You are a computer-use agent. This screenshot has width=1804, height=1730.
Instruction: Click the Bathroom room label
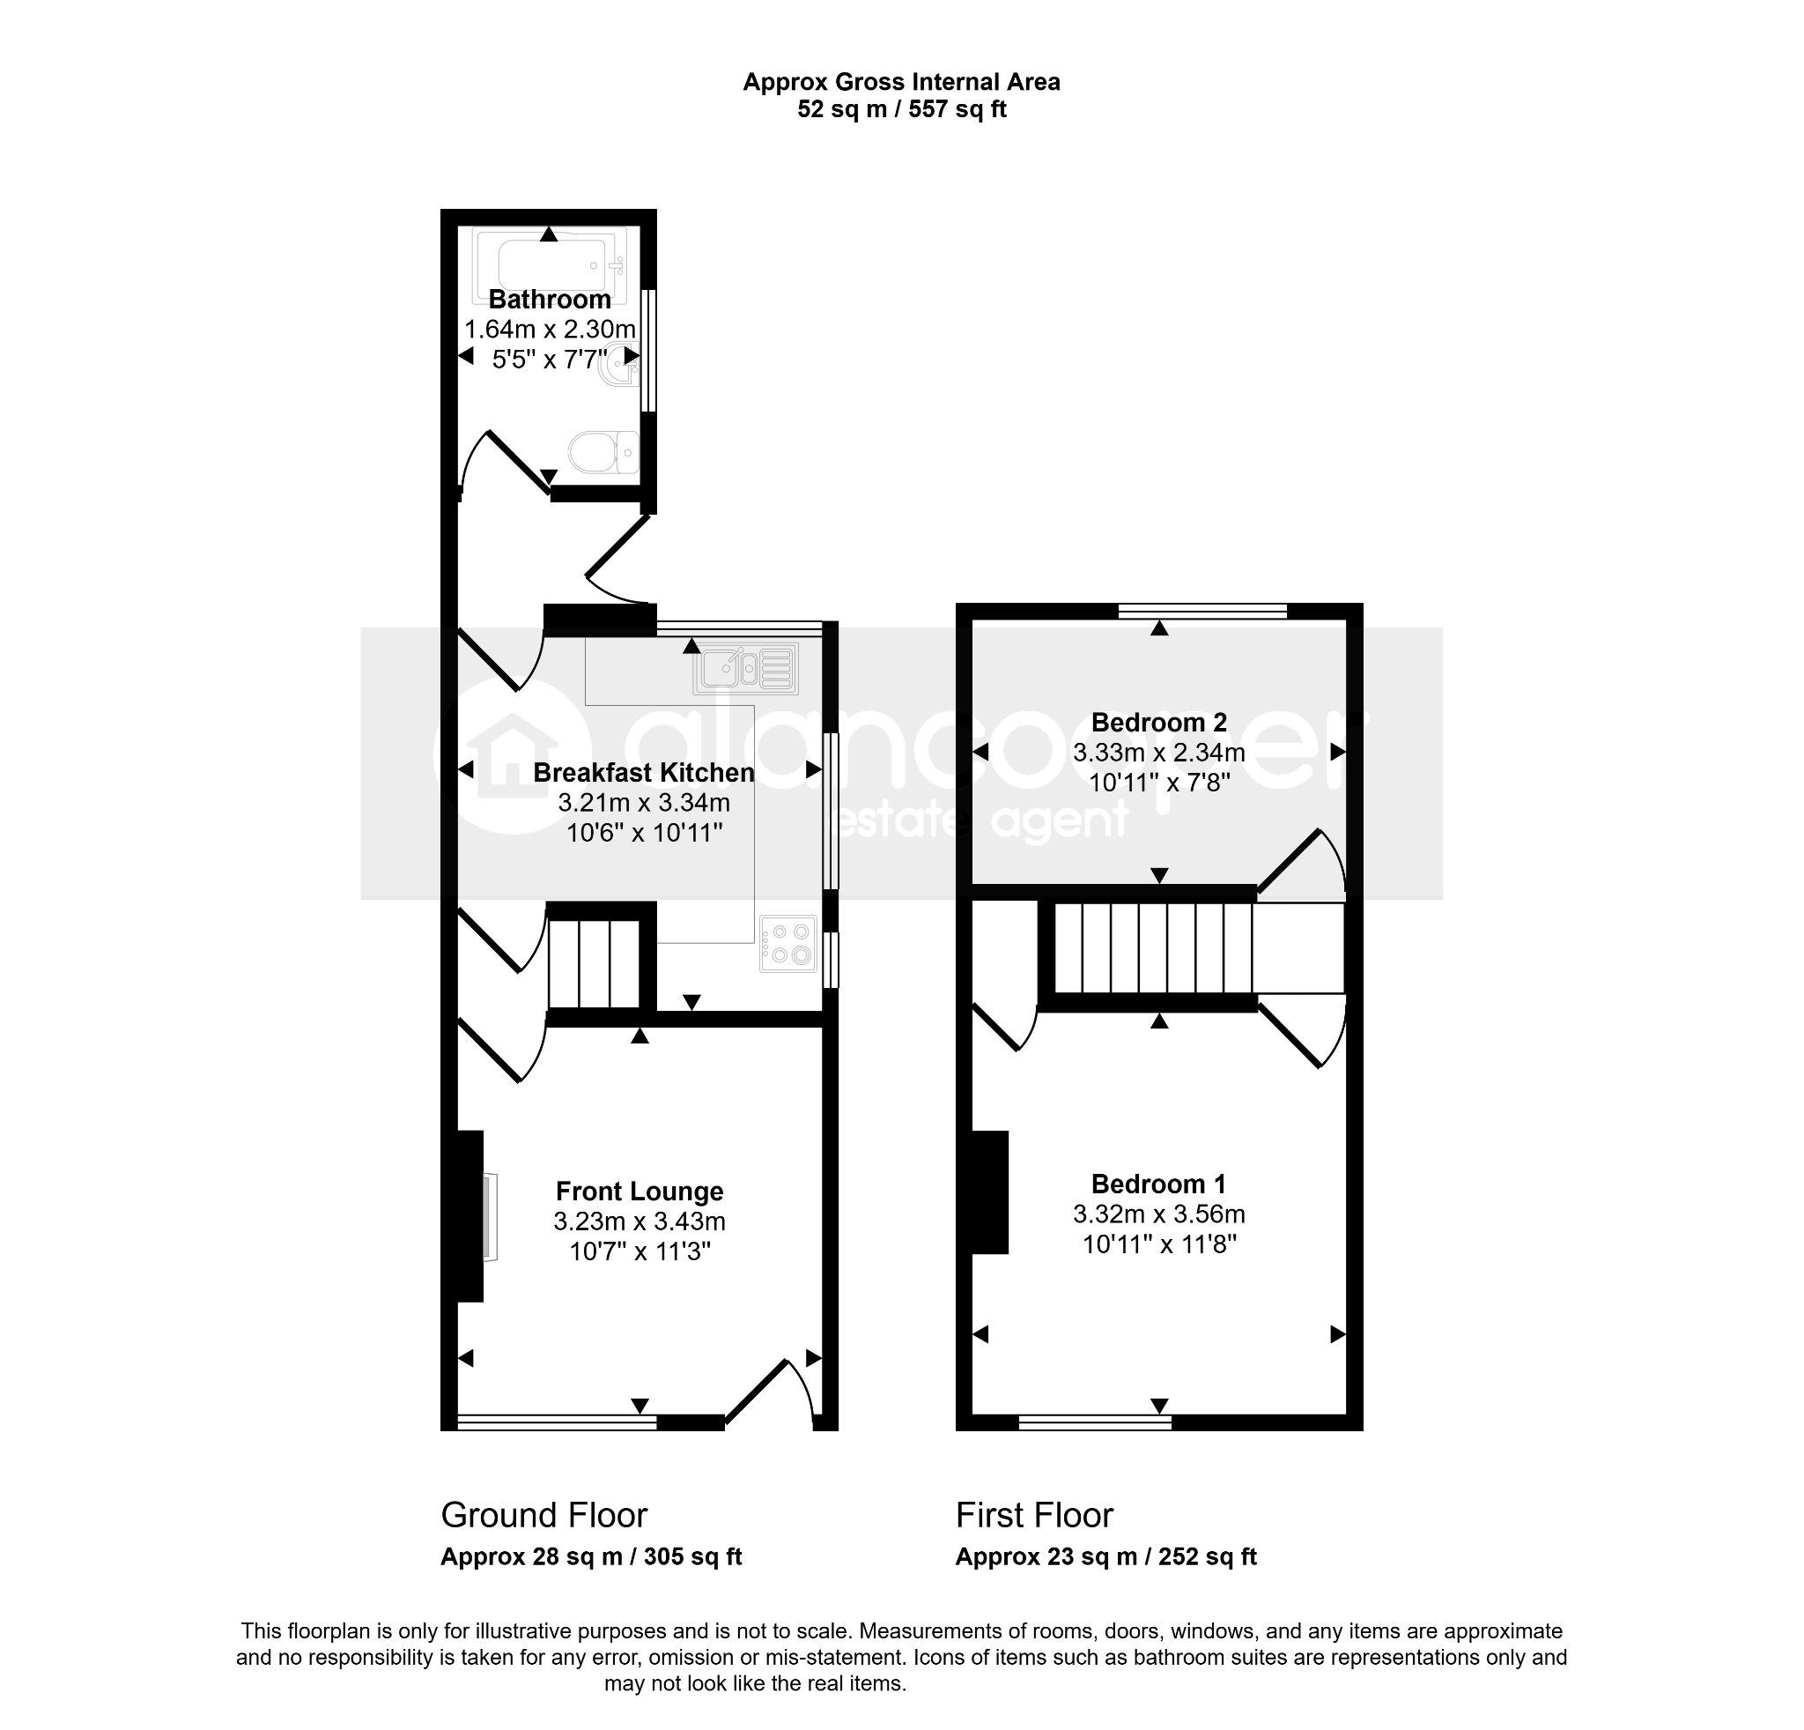point(550,300)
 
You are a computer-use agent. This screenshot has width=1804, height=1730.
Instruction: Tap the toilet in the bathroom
point(603,452)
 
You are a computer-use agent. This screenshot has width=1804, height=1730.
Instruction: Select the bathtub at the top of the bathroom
point(550,265)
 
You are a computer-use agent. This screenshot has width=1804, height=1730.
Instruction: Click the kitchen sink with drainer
point(745,668)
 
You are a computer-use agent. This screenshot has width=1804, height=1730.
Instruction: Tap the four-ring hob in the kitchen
point(787,944)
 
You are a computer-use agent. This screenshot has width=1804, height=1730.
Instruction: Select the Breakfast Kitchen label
point(643,773)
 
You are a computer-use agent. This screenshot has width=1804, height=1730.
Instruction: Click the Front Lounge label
point(640,1192)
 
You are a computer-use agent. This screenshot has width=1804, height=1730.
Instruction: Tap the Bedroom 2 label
point(1159,723)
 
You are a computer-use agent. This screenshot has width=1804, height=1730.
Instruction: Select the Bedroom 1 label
point(1159,1184)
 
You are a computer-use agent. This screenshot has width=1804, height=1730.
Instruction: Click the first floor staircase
point(1192,948)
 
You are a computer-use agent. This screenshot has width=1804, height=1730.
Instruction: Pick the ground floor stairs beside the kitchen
point(594,964)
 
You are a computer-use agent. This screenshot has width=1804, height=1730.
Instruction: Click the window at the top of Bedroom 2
point(1202,611)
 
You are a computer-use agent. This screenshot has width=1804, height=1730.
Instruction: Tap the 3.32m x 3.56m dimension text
point(1159,1214)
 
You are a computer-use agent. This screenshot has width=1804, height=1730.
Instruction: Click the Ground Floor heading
point(544,1515)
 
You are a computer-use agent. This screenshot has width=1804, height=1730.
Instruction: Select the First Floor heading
point(1034,1515)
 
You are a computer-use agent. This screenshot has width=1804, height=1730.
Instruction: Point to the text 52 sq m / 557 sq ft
point(902,109)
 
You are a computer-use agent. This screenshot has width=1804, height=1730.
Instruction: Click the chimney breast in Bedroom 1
point(990,1192)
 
